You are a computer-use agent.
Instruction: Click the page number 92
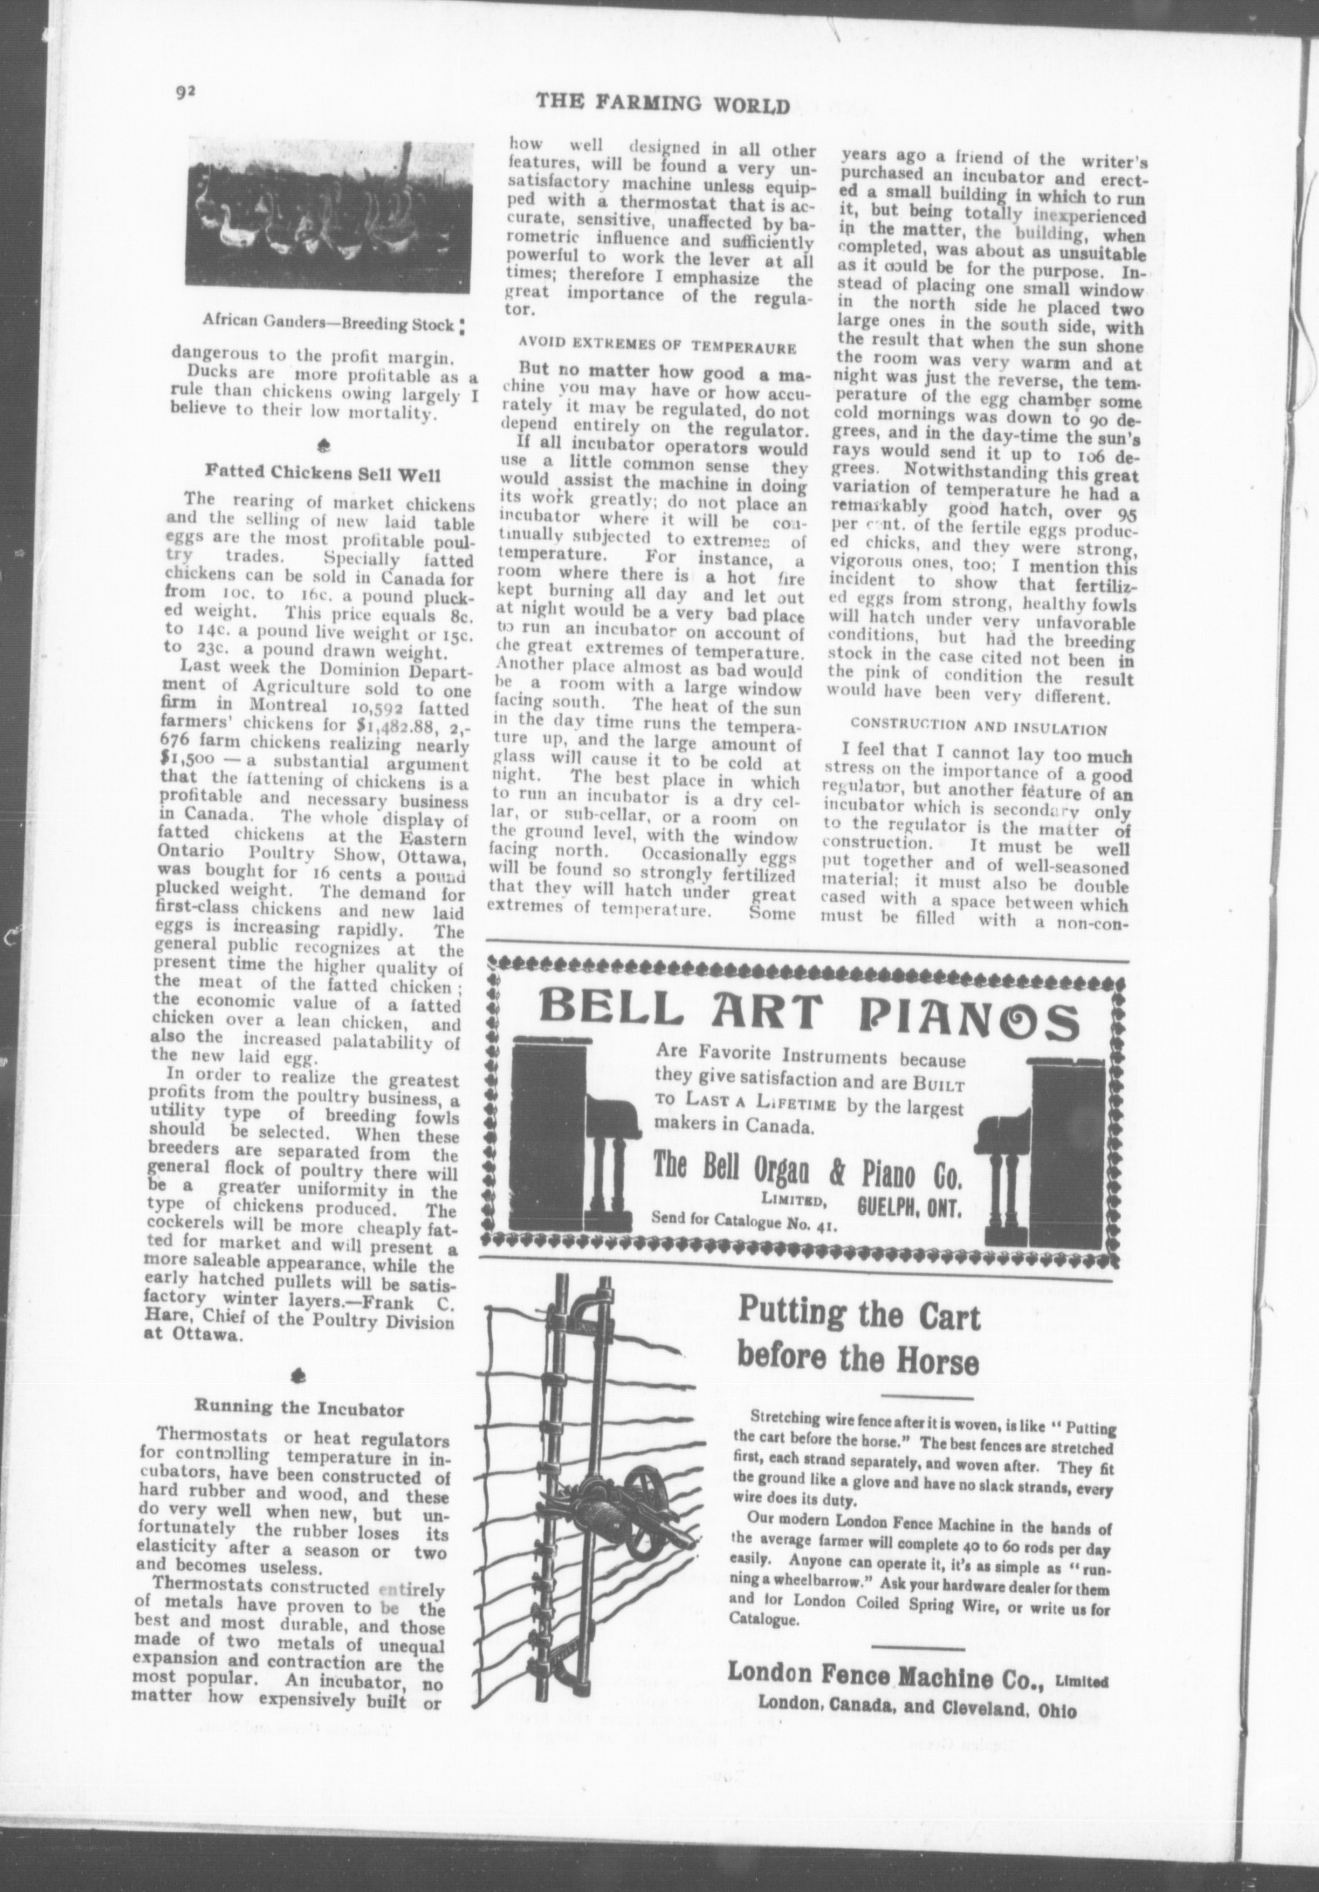[185, 92]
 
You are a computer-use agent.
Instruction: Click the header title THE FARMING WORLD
[662, 103]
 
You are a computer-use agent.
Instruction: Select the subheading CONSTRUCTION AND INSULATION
[979, 729]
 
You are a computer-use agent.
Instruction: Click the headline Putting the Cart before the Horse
[859, 1338]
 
